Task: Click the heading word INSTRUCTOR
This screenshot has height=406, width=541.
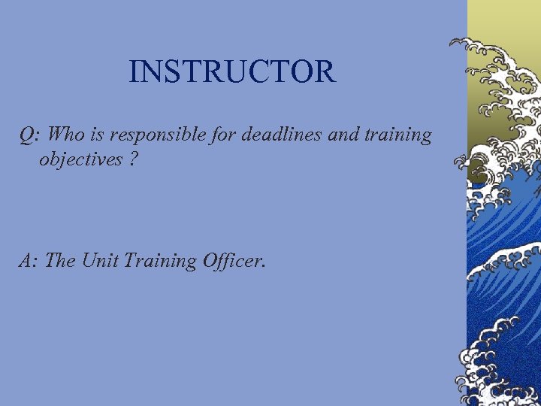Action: [232, 72]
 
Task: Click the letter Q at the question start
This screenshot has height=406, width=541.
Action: [27, 135]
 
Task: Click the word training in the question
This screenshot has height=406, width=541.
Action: [399, 136]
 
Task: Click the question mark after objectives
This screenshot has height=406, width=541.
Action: [132, 159]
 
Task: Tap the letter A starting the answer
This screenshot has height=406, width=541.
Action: [26, 261]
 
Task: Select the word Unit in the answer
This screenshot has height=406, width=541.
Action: [95, 261]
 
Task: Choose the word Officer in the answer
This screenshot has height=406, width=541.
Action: [230, 261]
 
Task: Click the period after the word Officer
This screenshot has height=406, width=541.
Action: [264, 267]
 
